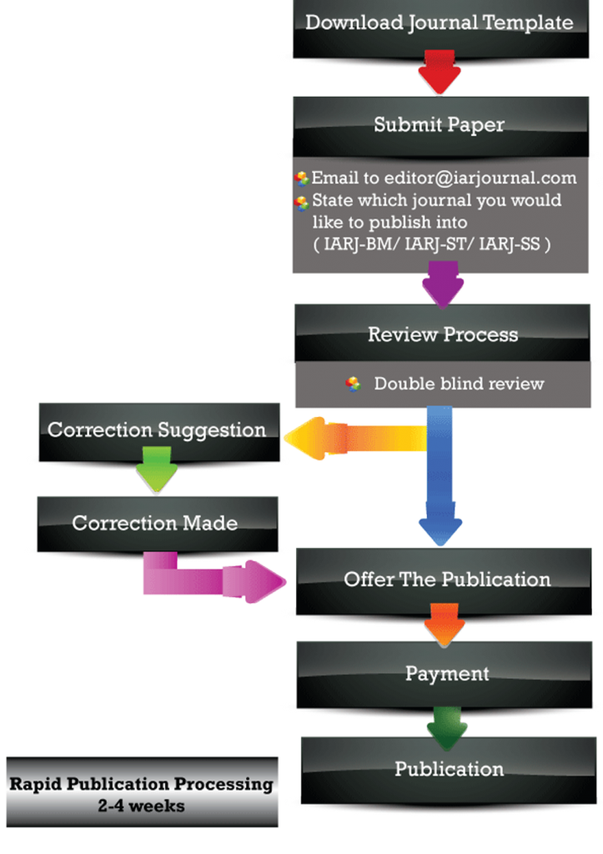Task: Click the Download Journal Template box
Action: tap(440, 23)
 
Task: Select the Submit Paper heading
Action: tap(439, 125)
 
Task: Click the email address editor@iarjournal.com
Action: tap(468, 178)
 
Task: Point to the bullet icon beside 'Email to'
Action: tap(302, 178)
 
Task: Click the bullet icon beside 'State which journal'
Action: tap(302, 203)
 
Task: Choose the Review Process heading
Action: tap(443, 334)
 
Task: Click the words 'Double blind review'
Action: tap(459, 384)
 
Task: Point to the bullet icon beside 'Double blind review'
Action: tap(353, 384)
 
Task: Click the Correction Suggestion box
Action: tap(158, 431)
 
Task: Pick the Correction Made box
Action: tap(156, 524)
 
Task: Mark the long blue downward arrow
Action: tap(440, 475)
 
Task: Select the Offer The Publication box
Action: tap(447, 580)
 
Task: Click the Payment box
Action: tap(447, 673)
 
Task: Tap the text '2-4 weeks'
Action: tap(141, 806)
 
